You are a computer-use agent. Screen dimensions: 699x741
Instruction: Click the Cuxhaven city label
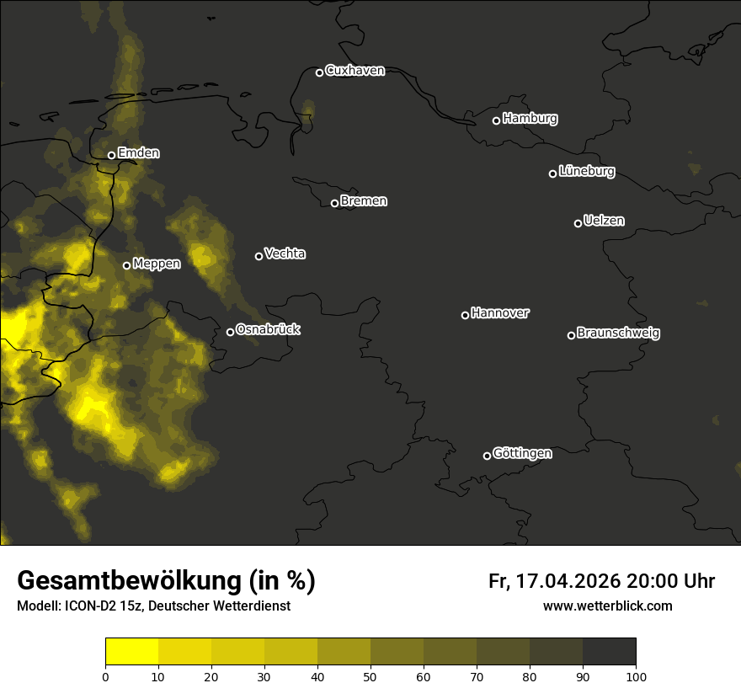click(x=355, y=71)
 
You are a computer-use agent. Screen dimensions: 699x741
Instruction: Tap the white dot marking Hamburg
click(x=496, y=120)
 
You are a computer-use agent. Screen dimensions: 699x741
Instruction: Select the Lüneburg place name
click(x=586, y=172)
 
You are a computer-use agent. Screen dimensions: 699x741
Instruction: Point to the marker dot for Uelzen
click(x=578, y=223)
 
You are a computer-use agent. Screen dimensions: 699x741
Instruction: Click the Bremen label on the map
click(x=364, y=201)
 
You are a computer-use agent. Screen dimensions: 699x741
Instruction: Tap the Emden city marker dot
click(x=111, y=155)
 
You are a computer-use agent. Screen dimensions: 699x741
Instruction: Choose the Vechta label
click(x=285, y=253)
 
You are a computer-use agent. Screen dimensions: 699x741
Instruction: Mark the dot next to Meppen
click(x=126, y=265)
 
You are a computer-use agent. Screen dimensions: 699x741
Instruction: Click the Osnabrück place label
click(x=268, y=329)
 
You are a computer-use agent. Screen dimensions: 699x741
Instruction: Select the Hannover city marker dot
click(x=465, y=315)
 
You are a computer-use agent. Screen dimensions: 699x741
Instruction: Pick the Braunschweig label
click(x=618, y=333)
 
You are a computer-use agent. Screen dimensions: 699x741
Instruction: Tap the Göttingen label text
click(x=522, y=453)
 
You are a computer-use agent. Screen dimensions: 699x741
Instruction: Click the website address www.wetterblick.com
click(x=607, y=606)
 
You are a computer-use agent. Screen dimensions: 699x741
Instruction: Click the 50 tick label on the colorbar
click(x=370, y=675)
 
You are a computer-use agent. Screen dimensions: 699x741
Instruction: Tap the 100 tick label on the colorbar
click(x=636, y=675)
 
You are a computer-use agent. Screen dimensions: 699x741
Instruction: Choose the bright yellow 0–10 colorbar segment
click(x=131, y=652)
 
